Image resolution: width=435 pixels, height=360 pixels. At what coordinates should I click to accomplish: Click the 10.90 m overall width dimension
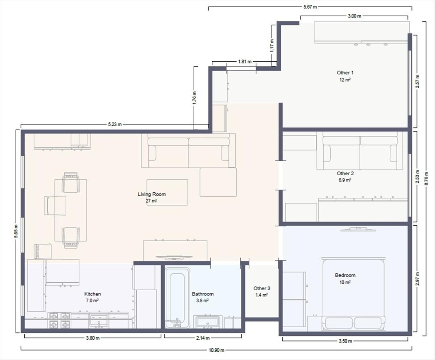pos(216,350)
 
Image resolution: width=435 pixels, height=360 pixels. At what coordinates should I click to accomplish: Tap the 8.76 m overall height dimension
pos(426,179)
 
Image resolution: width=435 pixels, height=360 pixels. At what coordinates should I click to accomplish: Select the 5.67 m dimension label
pos(310,7)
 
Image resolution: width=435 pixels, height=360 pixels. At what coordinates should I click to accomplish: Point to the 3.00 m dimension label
pos(355,16)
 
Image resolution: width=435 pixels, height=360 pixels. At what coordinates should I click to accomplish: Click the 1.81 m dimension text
pos(245,62)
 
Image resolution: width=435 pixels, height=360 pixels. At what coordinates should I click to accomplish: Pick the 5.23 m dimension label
pos(115,124)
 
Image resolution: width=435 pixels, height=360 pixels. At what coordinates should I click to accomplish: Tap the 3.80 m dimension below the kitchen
pos(93,338)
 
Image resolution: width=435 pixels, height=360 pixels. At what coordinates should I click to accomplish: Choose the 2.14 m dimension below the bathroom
pos(203,338)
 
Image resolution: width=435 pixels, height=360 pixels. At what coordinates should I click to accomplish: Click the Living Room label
pos(152,194)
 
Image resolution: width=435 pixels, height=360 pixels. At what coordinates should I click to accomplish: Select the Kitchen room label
pos(92,294)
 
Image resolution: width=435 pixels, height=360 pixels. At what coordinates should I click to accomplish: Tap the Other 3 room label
pos(262,288)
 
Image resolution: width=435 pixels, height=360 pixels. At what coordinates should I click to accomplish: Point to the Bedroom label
pos(345,275)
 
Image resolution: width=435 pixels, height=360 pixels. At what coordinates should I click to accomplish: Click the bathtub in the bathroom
pos(177,298)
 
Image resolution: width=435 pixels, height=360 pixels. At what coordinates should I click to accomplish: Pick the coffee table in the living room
pos(167,192)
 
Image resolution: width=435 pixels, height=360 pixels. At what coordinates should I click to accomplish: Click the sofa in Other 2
pos(360,151)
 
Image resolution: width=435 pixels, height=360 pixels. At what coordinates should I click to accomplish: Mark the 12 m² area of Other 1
pos(345,79)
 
